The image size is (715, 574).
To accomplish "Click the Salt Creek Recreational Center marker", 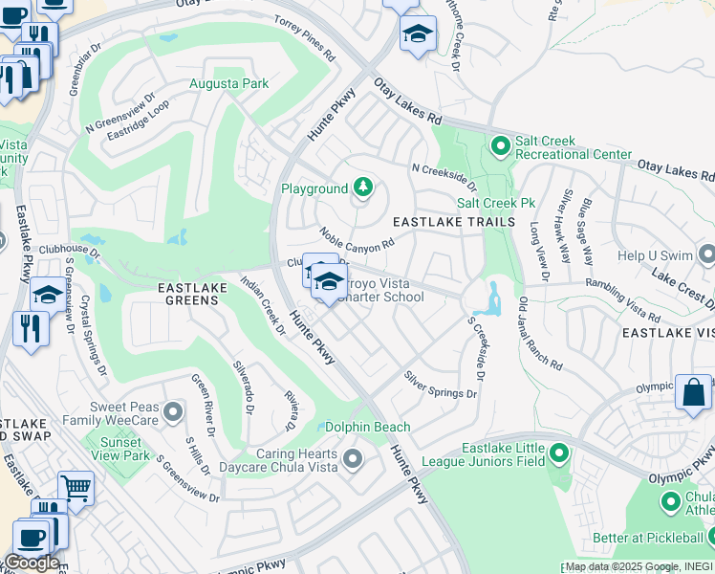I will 500,146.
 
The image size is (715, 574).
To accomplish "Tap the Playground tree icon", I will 362,188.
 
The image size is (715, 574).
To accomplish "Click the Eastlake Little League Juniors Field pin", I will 559,453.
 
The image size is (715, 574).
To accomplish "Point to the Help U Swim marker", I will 706,255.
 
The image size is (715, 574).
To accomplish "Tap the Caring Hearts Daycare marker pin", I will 353,460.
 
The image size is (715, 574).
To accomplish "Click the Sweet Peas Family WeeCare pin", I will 173,412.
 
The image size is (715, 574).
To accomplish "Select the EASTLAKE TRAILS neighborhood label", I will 455,221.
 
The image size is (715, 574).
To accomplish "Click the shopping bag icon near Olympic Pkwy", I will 693,392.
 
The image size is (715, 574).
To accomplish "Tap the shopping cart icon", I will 76,488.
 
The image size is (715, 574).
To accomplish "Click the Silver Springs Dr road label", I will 439,386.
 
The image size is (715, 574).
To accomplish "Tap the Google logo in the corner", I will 31,563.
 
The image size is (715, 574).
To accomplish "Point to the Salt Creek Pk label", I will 495,203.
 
